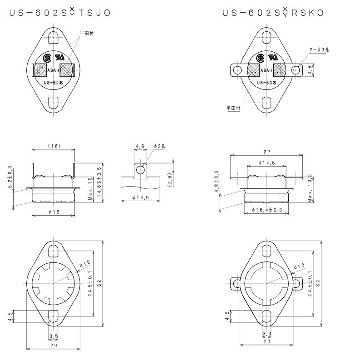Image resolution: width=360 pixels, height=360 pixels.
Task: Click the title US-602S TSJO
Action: coord(59,13)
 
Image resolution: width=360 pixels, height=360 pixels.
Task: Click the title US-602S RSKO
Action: coord(273,13)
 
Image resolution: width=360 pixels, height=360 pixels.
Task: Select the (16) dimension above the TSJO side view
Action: coord(54,146)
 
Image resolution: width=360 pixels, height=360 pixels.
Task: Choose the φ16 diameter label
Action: coord(54,212)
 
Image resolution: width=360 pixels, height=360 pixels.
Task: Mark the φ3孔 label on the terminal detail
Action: coord(160,146)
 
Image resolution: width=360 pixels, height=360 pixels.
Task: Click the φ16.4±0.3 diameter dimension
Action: coord(266,210)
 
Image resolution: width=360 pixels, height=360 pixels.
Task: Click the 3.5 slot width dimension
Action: coord(54,336)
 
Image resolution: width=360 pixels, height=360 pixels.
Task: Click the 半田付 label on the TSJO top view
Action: coord(87,34)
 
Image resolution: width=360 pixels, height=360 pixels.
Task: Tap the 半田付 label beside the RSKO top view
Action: coord(233,108)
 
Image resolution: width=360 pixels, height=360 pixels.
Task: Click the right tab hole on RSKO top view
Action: coord(296,69)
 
